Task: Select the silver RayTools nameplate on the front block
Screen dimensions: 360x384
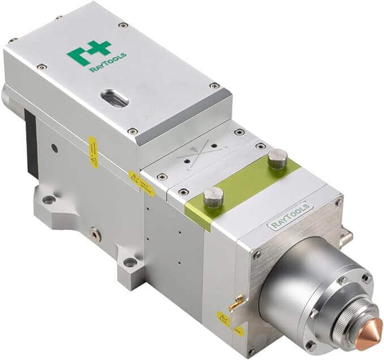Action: pyautogui.click(x=288, y=217)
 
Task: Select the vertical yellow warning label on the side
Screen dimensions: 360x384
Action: pyautogui.click(x=93, y=152)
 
